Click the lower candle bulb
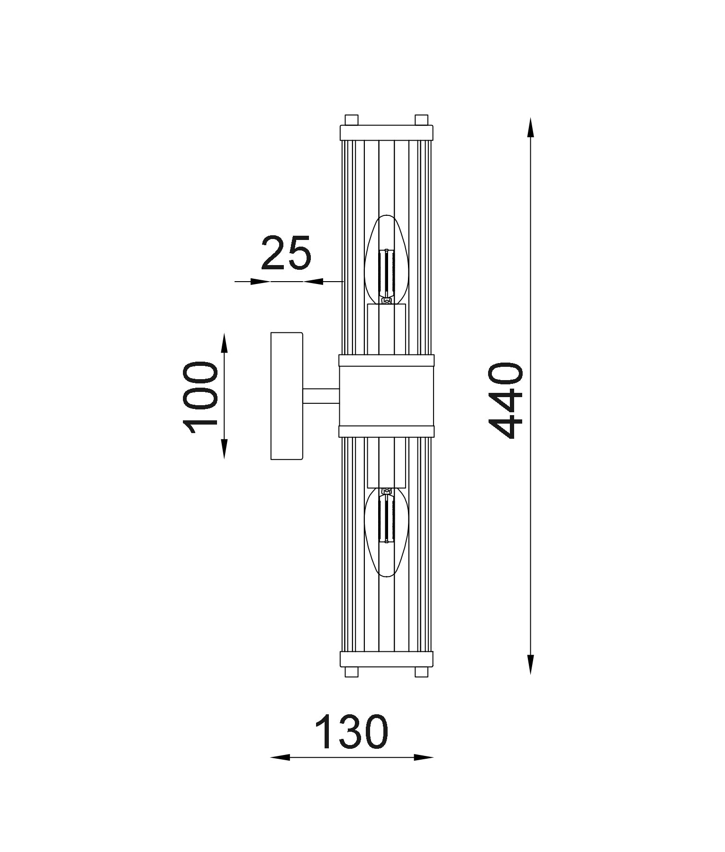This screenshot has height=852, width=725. point(387,532)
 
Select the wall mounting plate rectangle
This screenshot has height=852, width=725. point(287,396)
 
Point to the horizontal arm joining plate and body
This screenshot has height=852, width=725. point(321,396)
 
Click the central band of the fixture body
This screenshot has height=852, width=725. point(386,396)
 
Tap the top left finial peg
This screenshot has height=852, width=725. point(351,120)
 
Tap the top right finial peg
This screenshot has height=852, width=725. point(421,120)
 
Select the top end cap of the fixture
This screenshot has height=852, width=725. point(386,133)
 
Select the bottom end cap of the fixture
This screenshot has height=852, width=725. point(386,659)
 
